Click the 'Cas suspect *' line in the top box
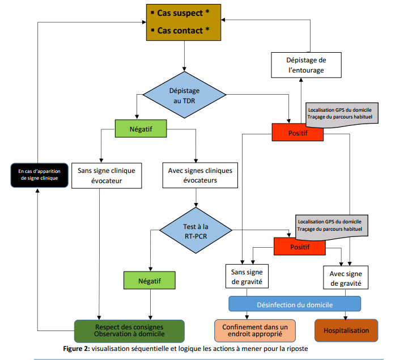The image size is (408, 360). [183, 12]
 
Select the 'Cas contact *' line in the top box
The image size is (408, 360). [183, 29]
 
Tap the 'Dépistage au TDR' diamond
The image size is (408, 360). [185, 95]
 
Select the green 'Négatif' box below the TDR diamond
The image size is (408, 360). [141, 129]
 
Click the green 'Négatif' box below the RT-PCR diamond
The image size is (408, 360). [150, 280]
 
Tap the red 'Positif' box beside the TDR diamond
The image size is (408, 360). [297, 133]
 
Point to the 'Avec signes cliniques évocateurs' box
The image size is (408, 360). [196, 176]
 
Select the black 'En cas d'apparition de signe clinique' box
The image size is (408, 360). [38, 175]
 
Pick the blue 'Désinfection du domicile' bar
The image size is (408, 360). [294, 303]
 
